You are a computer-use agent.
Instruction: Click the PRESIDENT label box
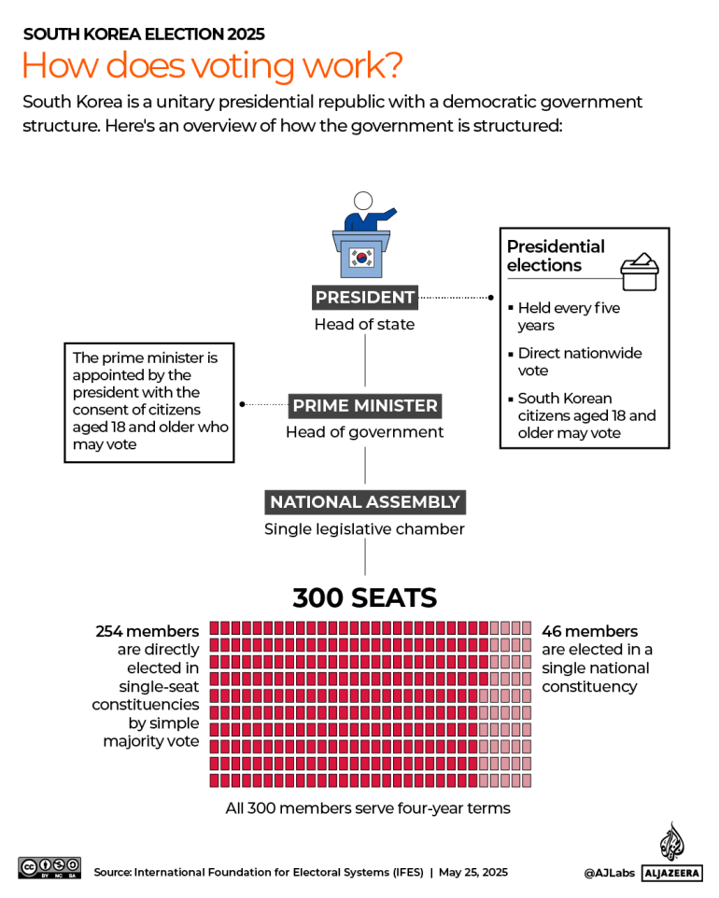(x=364, y=298)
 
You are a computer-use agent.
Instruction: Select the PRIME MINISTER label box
(x=364, y=406)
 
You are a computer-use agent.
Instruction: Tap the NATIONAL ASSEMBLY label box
(x=364, y=502)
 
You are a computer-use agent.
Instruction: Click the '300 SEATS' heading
(x=364, y=597)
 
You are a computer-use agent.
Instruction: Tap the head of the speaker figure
(x=362, y=202)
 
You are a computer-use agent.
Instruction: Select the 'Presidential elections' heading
(x=557, y=256)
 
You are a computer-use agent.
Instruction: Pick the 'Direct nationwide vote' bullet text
(x=579, y=362)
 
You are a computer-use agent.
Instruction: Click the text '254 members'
(x=148, y=632)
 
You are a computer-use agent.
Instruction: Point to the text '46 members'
(x=590, y=632)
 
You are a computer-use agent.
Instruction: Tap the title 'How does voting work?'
(x=212, y=66)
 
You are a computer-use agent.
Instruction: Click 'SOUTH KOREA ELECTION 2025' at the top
(x=144, y=35)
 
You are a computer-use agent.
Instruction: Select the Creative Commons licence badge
(x=49, y=867)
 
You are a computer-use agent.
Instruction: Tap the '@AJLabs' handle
(x=608, y=872)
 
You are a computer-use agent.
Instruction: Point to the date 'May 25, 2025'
(x=473, y=872)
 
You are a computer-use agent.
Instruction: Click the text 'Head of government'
(x=364, y=432)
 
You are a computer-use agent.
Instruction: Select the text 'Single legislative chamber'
(x=364, y=529)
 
